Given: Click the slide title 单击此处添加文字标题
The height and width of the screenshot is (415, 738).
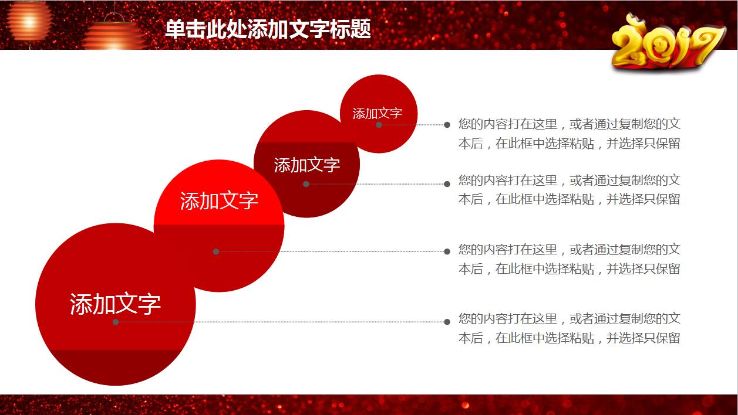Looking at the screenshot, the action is (268, 29).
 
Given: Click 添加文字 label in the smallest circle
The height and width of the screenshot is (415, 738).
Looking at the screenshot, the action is (378, 114).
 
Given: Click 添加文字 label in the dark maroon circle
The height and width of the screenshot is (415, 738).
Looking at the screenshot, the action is (306, 165).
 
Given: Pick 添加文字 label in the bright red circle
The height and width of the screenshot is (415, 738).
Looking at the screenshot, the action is (219, 200).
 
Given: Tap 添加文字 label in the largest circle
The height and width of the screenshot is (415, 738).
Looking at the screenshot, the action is (115, 304).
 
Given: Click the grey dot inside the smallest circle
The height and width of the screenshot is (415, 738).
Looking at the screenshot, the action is (379, 125).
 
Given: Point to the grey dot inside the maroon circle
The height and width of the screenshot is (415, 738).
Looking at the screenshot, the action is (306, 184).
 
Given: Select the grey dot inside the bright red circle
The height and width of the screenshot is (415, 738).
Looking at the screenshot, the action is (216, 252).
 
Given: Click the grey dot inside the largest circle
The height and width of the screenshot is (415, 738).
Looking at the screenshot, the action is (116, 322).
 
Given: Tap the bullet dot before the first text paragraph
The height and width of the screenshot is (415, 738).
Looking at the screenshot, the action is (447, 125).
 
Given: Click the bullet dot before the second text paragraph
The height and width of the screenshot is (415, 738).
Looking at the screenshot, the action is (447, 184).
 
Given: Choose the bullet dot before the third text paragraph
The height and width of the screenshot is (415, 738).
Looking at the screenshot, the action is (447, 252).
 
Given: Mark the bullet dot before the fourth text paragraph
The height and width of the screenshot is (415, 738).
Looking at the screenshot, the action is (447, 322).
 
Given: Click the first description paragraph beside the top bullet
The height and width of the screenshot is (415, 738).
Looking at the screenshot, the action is (569, 134).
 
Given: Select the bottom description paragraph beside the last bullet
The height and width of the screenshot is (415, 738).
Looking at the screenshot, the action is (569, 328).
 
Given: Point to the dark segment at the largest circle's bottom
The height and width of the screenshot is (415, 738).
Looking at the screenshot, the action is (115, 367).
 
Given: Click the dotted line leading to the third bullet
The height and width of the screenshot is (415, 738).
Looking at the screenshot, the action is (332, 252).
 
